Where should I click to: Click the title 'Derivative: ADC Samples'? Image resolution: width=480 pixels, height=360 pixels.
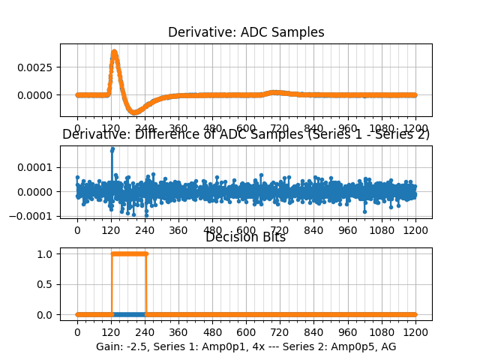(246, 32)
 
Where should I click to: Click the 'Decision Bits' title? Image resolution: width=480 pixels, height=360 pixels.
(245, 238)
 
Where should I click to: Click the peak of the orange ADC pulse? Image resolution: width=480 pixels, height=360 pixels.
(114, 52)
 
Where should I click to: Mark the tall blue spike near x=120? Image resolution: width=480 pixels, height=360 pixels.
(112, 150)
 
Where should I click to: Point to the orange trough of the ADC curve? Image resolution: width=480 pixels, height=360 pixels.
(135, 112)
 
